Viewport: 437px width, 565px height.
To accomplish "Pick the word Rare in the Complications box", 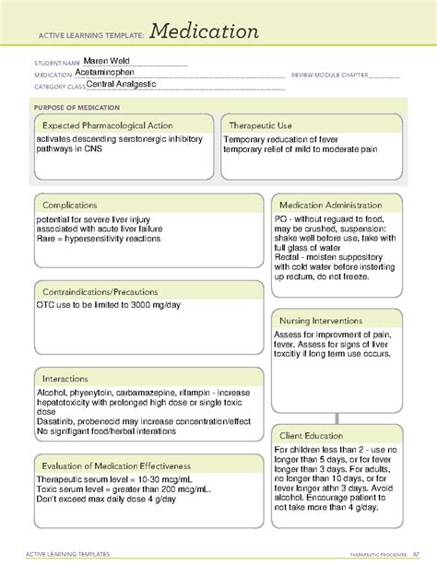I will tap(48, 238).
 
